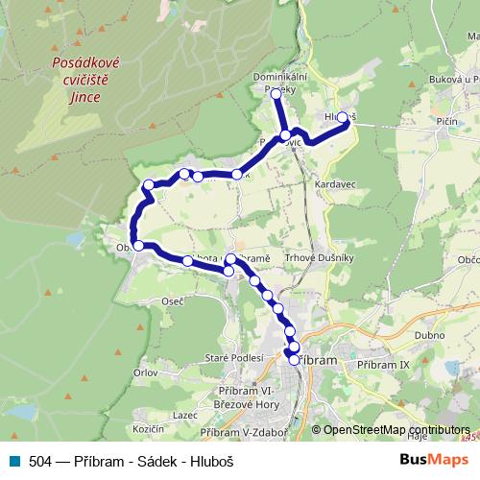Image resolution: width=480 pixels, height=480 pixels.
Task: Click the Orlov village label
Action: point(146,371)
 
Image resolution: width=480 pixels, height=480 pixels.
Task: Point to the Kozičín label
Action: point(150,426)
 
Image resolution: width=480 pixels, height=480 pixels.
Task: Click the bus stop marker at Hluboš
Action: point(342,117)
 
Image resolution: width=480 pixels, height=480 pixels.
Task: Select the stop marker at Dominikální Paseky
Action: point(276,94)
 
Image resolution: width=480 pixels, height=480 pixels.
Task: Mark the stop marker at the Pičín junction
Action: point(285,135)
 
